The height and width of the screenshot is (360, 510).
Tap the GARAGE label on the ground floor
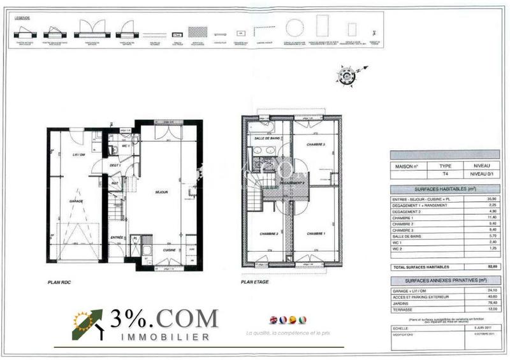77,200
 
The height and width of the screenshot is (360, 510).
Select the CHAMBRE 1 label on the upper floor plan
316,234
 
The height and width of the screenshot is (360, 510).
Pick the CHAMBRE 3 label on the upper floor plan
316,145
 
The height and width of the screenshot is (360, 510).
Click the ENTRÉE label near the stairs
116,237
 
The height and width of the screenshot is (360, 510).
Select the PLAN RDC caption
62,281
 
